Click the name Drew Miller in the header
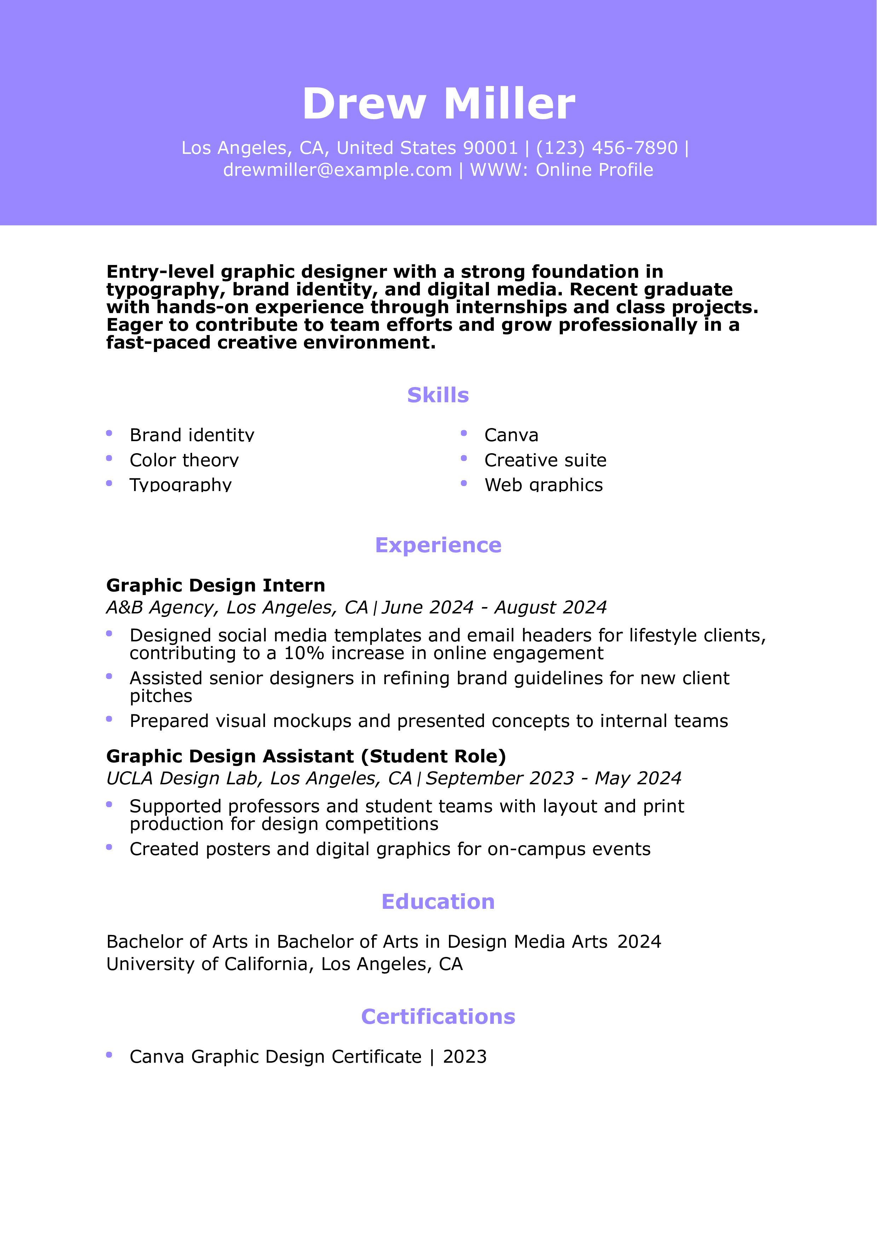[438, 103]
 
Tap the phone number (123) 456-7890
[606, 148]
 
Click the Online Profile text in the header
[594, 170]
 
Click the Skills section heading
[438, 395]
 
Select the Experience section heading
[438, 545]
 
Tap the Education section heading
[438, 901]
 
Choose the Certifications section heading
[438, 1017]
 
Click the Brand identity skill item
[192, 435]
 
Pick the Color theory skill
[184, 460]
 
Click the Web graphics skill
[543, 485]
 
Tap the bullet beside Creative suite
[464, 458]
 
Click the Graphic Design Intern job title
[215, 585]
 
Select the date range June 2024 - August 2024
[494, 607]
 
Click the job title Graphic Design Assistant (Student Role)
[306, 756]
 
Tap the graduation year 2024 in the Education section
[639, 942]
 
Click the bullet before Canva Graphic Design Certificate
[109, 1055]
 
